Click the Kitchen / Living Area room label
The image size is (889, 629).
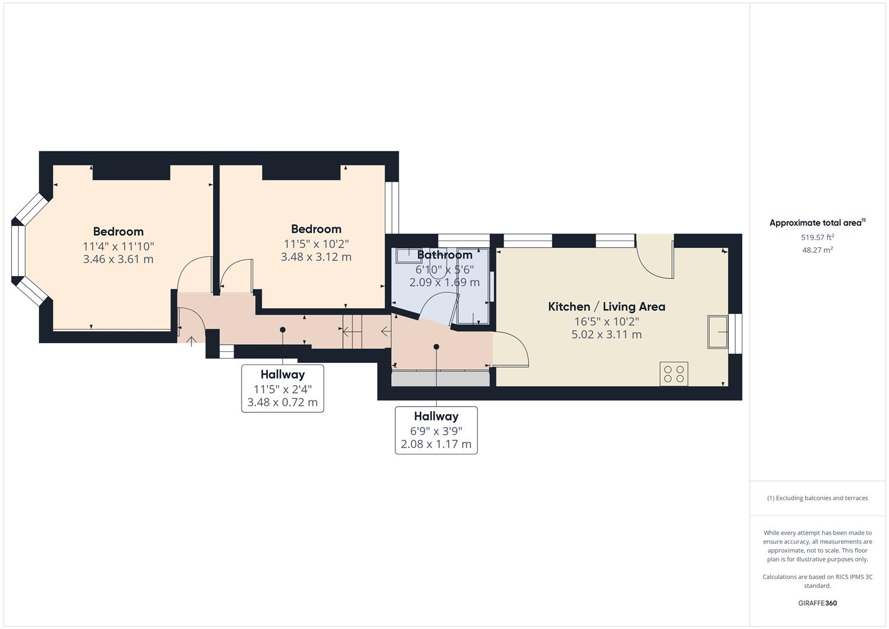(x=606, y=306)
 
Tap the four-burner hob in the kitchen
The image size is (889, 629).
(x=674, y=374)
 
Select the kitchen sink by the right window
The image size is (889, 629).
(x=717, y=332)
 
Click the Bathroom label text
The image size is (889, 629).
(x=445, y=255)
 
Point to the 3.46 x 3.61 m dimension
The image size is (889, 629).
(x=118, y=259)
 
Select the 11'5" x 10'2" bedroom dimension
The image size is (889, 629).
(x=316, y=243)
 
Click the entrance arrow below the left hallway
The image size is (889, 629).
(x=192, y=341)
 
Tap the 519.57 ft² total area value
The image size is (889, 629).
(x=817, y=237)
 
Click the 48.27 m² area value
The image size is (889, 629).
(x=817, y=250)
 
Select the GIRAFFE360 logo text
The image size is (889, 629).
(x=817, y=603)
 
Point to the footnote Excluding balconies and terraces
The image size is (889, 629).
(x=817, y=498)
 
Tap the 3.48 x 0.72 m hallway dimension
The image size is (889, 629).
(x=282, y=402)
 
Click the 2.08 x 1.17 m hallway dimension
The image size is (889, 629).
(x=436, y=444)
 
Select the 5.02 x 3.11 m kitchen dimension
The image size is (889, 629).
(x=606, y=334)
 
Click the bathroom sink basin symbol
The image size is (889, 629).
(x=409, y=256)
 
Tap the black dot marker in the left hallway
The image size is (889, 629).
(x=283, y=330)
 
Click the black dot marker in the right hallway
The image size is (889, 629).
(x=436, y=347)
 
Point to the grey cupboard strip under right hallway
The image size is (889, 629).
(x=440, y=379)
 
